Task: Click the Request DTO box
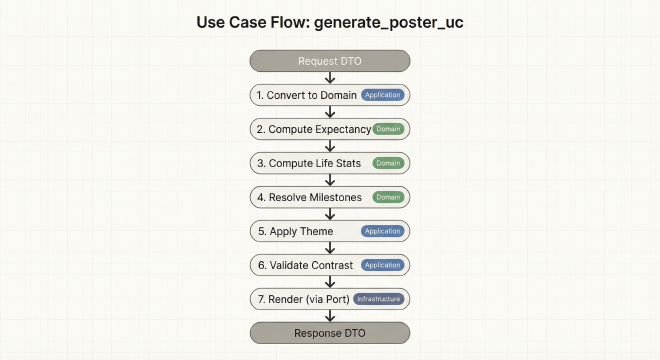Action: point(330,61)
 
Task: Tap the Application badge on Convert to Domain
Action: point(383,95)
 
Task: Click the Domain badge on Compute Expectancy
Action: point(389,129)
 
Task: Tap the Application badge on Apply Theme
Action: point(383,231)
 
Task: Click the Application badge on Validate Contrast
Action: point(383,265)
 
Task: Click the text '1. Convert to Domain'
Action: point(307,95)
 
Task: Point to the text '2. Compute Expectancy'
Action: point(313,129)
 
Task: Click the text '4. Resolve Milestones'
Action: point(309,197)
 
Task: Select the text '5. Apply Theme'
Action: point(296,231)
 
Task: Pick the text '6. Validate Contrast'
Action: point(306,265)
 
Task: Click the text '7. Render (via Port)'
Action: point(301,299)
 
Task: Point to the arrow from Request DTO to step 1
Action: point(330,78)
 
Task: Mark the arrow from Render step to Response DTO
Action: point(330,316)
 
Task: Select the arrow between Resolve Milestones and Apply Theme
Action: point(330,214)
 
